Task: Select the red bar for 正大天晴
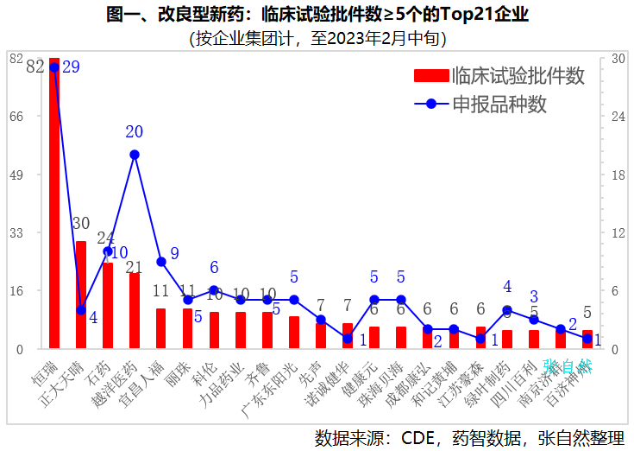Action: [x=81, y=295]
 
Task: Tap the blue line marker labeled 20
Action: [x=135, y=155]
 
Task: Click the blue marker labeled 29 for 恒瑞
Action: [x=54, y=67]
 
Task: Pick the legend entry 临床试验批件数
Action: [x=499, y=76]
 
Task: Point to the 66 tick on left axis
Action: [x=16, y=117]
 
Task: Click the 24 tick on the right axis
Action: [x=618, y=117]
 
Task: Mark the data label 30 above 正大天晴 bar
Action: [x=81, y=224]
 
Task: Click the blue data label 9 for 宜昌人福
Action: [x=174, y=253]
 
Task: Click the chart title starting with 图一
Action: [x=317, y=15]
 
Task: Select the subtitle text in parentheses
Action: [x=317, y=38]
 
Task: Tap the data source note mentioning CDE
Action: [x=469, y=437]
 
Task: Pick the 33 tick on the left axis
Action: [x=16, y=233]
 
